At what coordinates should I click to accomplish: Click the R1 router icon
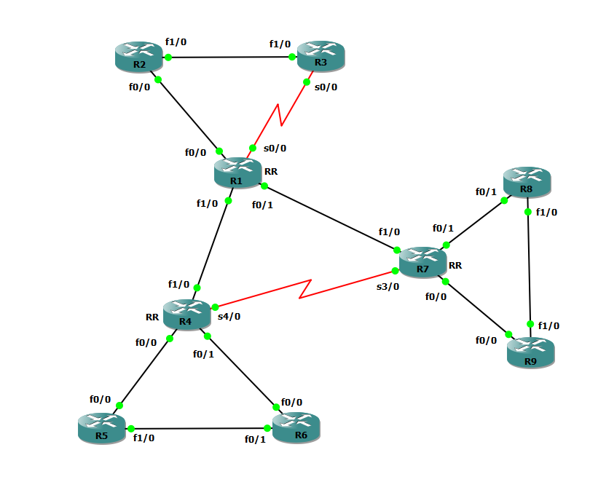point(237,172)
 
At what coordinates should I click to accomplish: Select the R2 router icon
point(139,57)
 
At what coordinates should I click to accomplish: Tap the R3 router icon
point(320,55)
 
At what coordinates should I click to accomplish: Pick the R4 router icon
point(186,314)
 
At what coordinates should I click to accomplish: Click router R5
point(101,428)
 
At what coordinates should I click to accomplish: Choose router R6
point(296,427)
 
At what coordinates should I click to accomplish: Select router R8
point(527,181)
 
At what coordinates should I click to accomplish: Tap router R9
point(530,353)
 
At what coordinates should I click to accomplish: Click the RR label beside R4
point(152,317)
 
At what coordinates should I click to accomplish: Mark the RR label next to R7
point(455,266)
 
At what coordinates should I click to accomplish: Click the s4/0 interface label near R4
point(229,317)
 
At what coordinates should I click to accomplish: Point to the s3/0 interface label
point(388,287)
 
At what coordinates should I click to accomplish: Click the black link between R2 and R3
point(229,57)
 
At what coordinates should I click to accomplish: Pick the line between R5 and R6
point(200,429)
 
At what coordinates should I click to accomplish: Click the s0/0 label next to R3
point(326,87)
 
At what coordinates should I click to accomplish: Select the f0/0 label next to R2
point(141,87)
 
